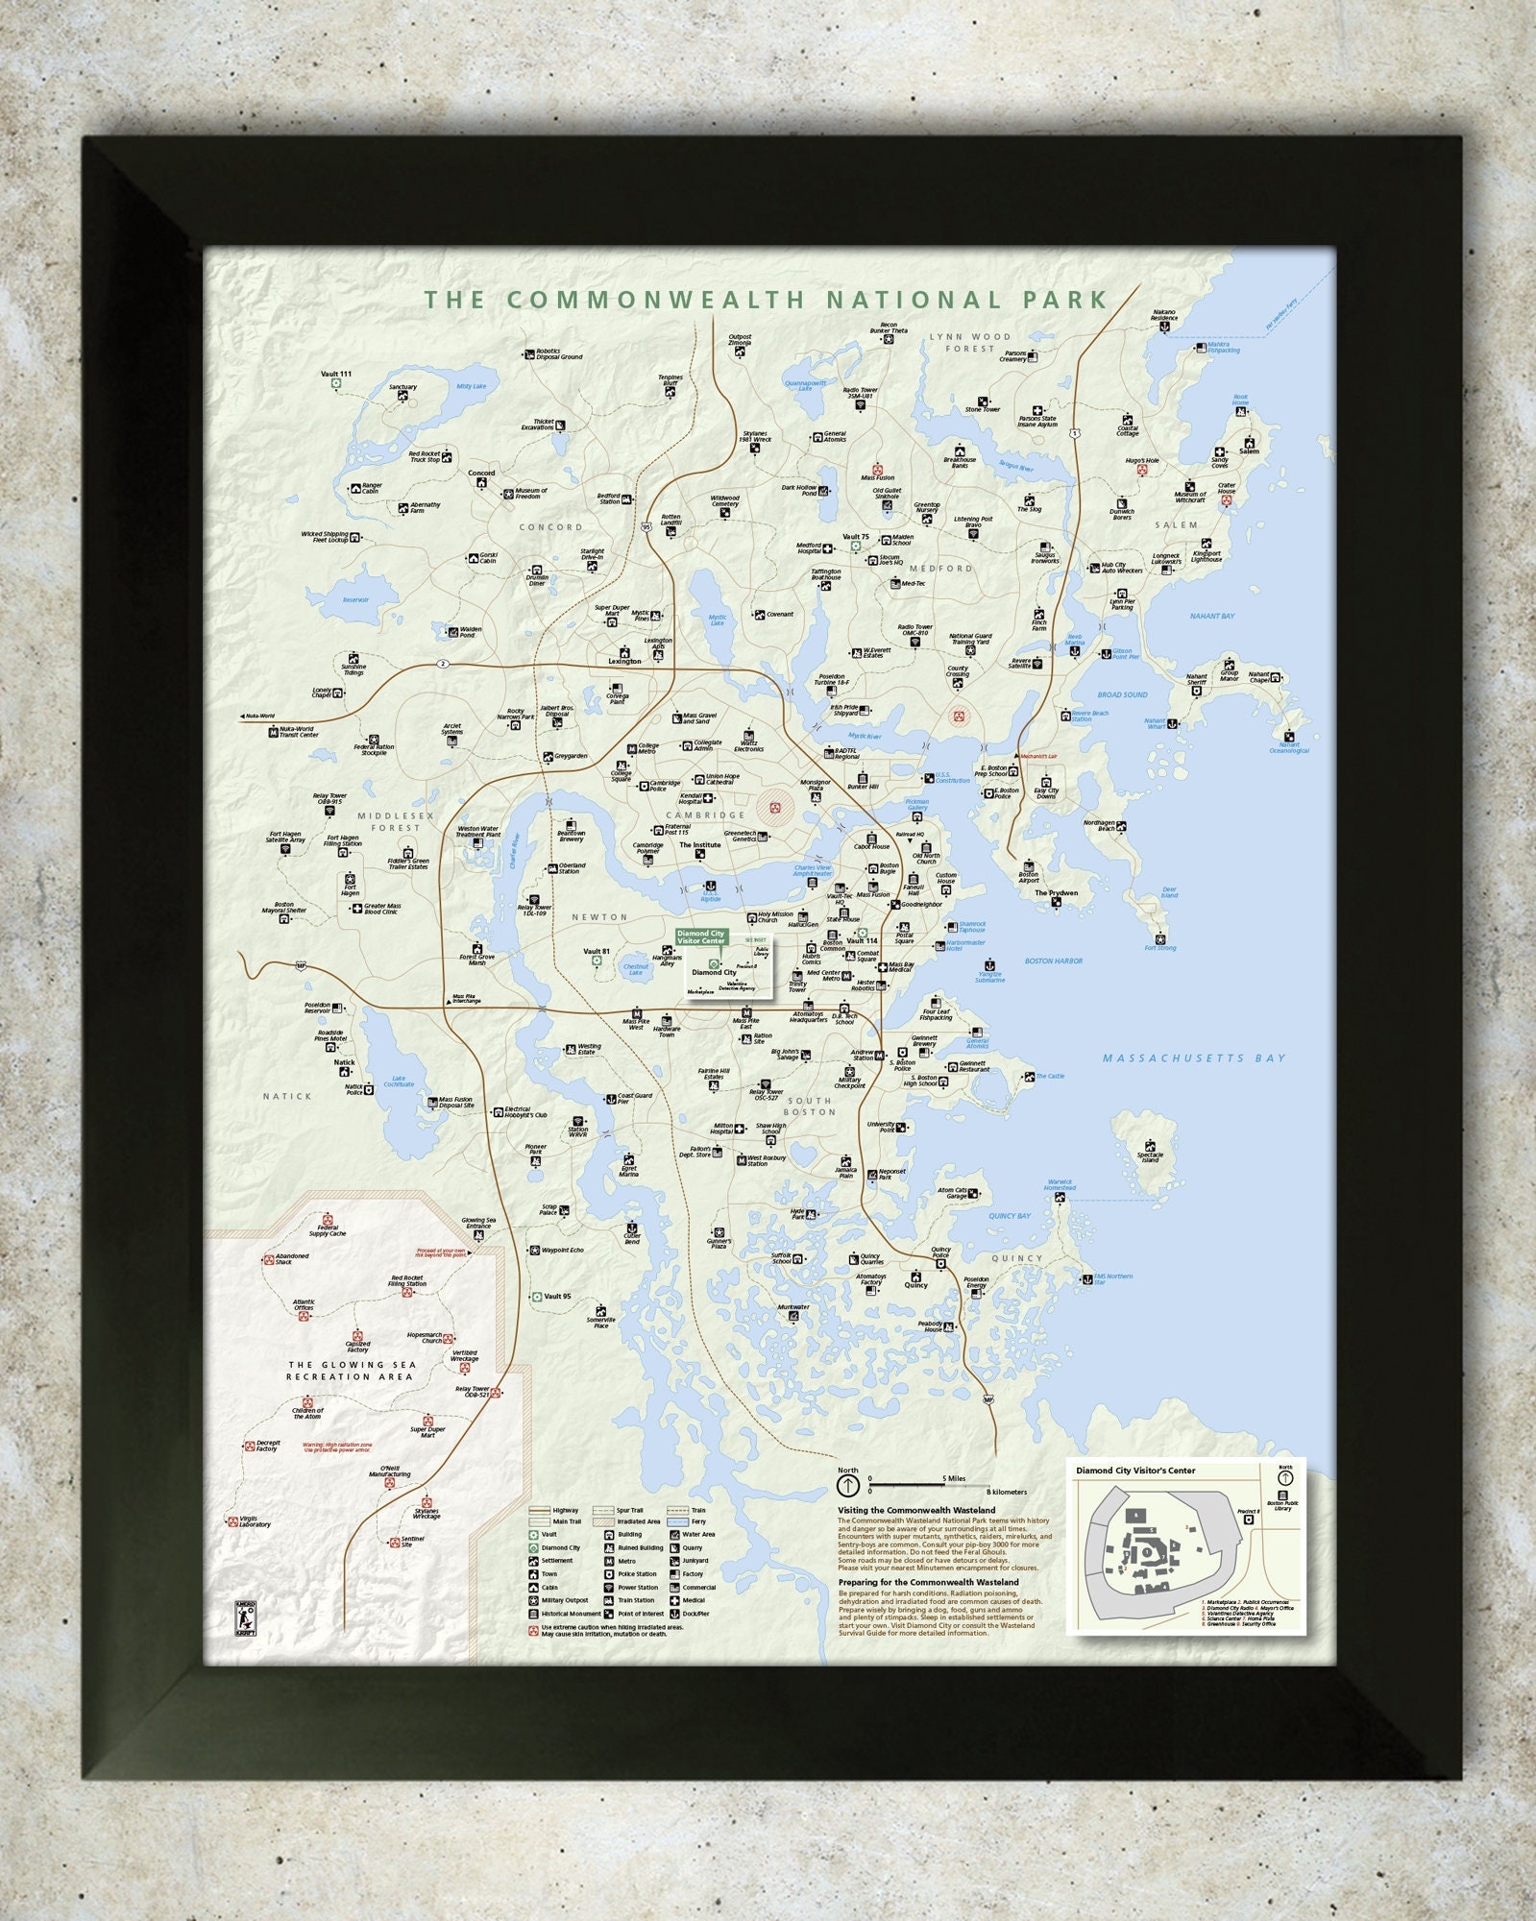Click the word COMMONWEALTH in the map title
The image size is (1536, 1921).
[x=655, y=300]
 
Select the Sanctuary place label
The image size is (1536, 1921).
[x=402, y=387]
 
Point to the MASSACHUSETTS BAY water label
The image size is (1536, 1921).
[x=1193, y=1058]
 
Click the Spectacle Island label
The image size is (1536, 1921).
[x=1150, y=1156]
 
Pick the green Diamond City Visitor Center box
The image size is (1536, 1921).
[x=700, y=936]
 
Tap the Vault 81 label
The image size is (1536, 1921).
[x=597, y=952]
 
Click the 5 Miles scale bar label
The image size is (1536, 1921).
[x=954, y=1478]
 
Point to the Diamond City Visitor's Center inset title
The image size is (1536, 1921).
[x=1135, y=1471]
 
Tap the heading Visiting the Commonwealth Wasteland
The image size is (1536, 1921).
[x=916, y=1510]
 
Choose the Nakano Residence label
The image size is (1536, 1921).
[x=1163, y=315]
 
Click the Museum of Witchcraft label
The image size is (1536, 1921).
[x=1189, y=498]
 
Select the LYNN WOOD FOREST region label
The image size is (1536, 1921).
[x=969, y=342]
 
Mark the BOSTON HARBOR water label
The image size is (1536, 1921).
[x=1053, y=960]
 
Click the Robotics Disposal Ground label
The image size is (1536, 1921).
[x=558, y=354]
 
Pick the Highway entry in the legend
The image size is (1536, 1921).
[x=566, y=1511]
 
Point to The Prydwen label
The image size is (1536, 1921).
[x=1056, y=892]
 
